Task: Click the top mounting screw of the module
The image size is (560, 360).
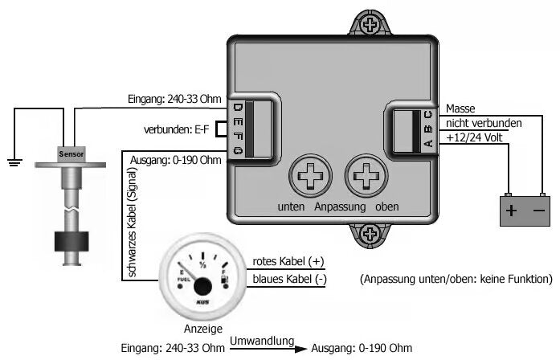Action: point(370,24)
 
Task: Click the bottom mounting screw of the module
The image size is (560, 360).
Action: point(370,235)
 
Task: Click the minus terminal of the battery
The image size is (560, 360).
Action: point(538,212)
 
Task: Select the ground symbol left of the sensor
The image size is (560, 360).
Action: point(13,162)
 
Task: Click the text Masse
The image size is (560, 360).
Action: point(460,108)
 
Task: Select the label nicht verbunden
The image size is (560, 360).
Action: point(484,124)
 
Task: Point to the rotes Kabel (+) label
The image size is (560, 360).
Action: point(288,262)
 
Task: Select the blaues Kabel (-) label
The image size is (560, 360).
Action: point(289,279)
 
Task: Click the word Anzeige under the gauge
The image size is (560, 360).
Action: point(202,329)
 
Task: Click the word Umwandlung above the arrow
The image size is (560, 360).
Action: point(261,342)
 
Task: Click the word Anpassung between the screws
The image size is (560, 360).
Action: point(341,207)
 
